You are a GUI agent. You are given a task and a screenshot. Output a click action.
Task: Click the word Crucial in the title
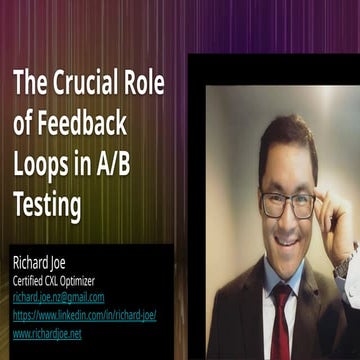(84, 84)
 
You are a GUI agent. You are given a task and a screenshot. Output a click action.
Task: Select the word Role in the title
(142, 84)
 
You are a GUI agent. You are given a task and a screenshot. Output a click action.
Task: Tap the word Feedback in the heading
(84, 125)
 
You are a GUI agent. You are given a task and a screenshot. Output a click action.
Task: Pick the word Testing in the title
(48, 207)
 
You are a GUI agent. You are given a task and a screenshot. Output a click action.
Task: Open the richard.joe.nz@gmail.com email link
(58, 297)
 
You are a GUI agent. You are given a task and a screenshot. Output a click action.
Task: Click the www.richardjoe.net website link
(47, 333)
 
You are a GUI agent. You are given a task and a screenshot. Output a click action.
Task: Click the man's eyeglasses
(288, 203)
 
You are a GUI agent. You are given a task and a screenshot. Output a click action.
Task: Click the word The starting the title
(30, 84)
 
